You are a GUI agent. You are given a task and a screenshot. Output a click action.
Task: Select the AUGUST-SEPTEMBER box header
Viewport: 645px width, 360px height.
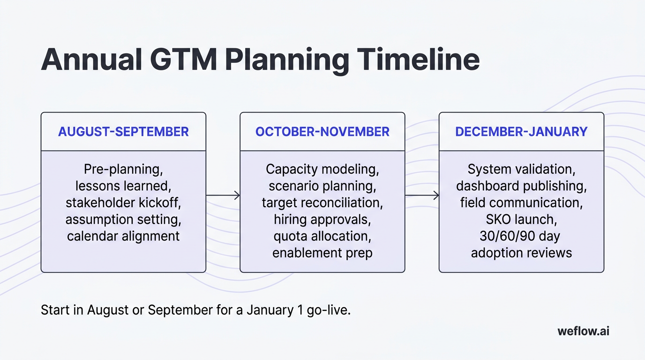pyautogui.click(x=123, y=132)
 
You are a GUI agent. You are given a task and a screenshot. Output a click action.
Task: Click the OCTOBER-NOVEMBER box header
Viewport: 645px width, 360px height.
pyautogui.click(x=322, y=132)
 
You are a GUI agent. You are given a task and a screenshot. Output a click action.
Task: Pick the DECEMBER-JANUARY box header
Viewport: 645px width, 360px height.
pyautogui.click(x=521, y=132)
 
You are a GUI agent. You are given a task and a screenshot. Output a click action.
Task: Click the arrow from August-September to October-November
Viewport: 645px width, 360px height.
pyautogui.click(x=223, y=195)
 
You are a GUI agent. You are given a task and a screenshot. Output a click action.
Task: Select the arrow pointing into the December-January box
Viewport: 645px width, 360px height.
pyautogui.click(x=422, y=195)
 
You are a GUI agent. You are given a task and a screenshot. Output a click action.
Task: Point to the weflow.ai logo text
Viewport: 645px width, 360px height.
pyautogui.click(x=583, y=331)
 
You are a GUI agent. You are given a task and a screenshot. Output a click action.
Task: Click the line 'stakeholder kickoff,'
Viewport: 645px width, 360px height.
pyautogui.click(x=123, y=202)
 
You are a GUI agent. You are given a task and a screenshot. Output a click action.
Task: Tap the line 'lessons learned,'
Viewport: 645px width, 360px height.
pyautogui.click(x=123, y=186)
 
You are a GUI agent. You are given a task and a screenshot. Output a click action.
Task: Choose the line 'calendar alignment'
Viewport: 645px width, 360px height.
pyautogui.click(x=123, y=236)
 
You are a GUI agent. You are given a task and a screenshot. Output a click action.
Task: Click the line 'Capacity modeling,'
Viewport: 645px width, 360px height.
pyautogui.click(x=322, y=169)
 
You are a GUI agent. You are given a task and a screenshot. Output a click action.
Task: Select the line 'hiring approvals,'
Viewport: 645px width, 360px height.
pyautogui.click(x=322, y=219)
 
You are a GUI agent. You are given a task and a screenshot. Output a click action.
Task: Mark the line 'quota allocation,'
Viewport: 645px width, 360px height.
pyautogui.click(x=322, y=236)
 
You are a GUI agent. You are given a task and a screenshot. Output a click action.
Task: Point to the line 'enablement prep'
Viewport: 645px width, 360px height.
pyautogui.click(x=322, y=253)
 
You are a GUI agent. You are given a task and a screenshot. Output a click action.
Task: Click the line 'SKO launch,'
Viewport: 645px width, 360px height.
pyautogui.click(x=521, y=219)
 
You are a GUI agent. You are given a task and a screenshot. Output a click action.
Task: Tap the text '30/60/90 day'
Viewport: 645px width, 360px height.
pyautogui.click(x=521, y=236)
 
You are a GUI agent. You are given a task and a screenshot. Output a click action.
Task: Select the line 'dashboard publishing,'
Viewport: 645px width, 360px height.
pyautogui.click(x=521, y=186)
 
